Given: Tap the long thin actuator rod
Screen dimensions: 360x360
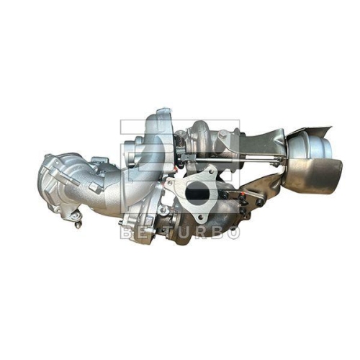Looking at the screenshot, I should [x=238, y=156].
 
